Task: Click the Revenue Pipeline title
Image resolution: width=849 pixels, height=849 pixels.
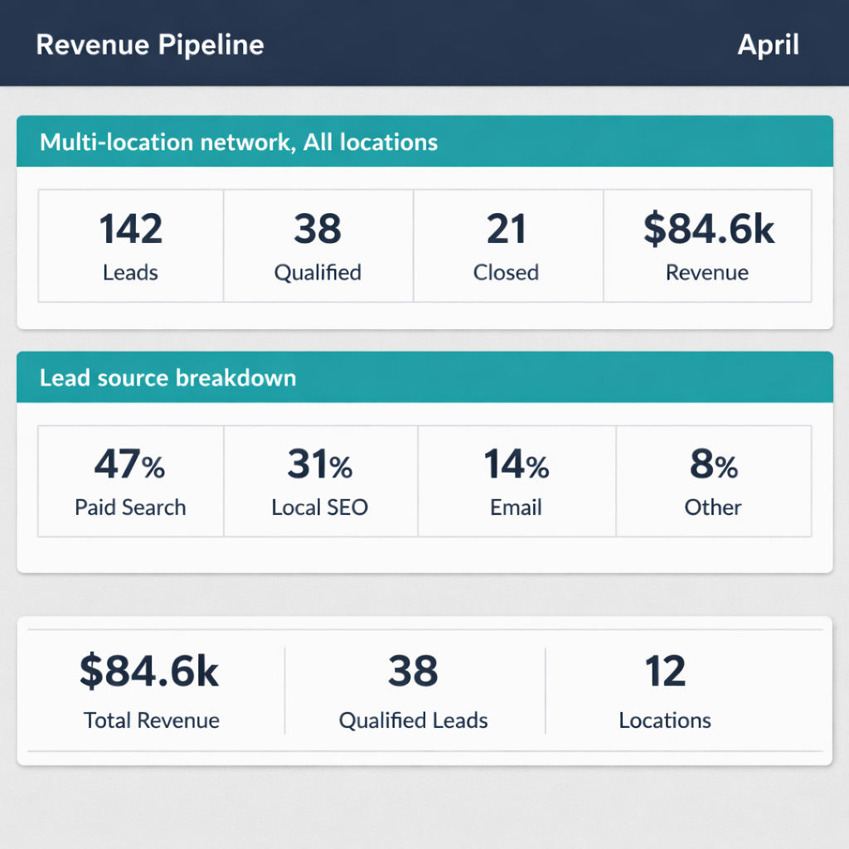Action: point(150,45)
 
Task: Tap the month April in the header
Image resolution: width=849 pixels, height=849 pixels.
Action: point(768,45)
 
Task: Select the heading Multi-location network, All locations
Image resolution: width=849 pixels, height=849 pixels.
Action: point(239,143)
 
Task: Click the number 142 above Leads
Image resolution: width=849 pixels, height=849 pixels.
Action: point(130,230)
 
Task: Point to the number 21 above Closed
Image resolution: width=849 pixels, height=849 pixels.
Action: point(506,230)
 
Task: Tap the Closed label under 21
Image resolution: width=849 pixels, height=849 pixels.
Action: point(506,273)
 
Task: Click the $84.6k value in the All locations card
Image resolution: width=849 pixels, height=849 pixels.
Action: point(708,230)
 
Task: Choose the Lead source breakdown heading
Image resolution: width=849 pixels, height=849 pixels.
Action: point(167,378)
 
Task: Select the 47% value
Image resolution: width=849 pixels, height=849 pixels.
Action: point(129,466)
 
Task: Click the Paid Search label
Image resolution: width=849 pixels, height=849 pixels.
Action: point(130,508)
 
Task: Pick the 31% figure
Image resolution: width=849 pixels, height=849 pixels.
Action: point(320,466)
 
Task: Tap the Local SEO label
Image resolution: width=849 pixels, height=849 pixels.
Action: point(320,508)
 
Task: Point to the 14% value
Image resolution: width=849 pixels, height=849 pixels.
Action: point(516,466)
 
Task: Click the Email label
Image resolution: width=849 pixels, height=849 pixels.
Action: point(516,508)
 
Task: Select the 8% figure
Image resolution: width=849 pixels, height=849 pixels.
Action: point(713,466)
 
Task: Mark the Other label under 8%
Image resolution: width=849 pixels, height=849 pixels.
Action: point(713,508)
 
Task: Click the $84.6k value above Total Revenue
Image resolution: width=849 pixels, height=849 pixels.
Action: point(150,672)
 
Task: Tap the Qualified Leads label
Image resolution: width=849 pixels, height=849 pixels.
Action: point(413,720)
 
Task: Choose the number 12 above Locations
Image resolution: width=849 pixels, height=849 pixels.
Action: point(665,672)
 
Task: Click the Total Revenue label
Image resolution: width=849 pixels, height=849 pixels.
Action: point(152,720)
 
